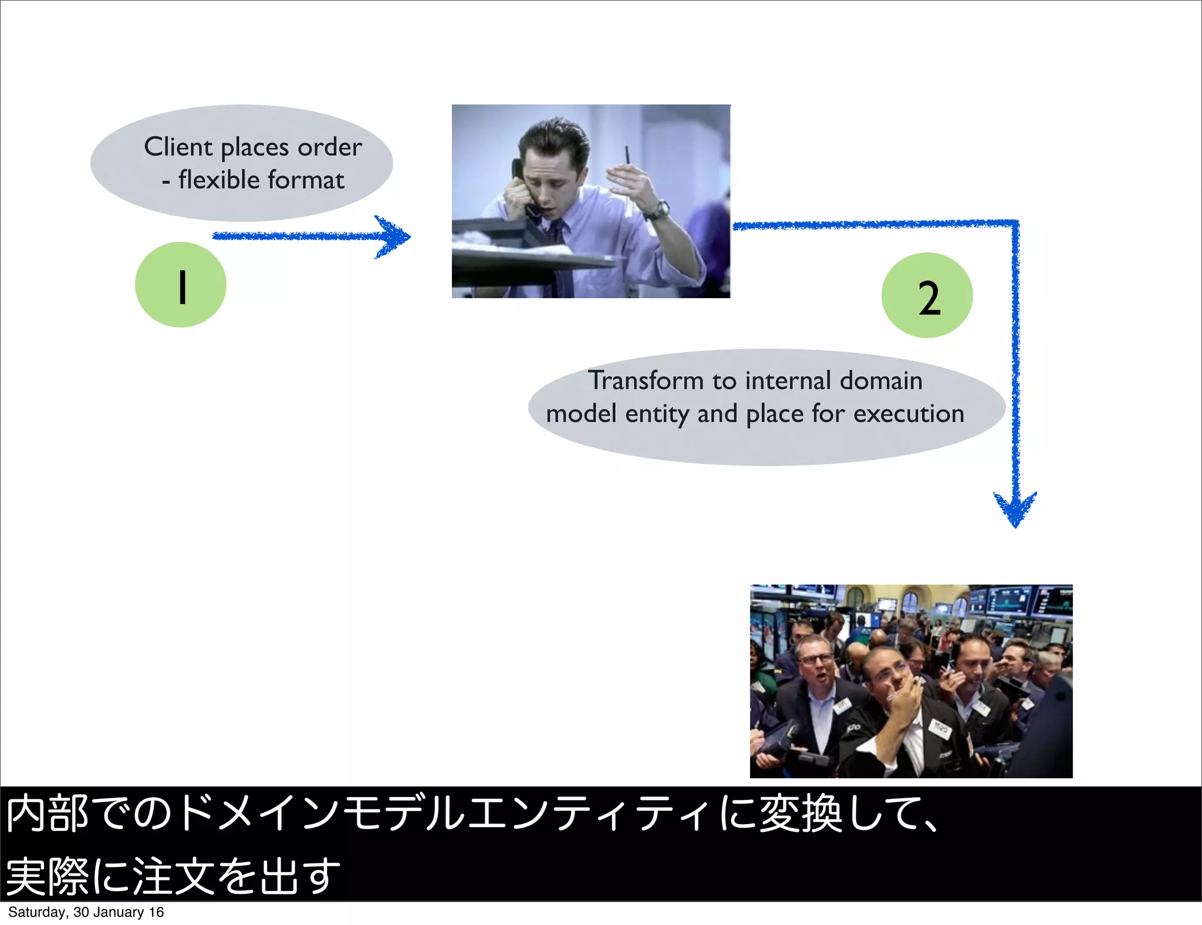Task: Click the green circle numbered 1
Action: pos(181,285)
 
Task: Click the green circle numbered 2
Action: pos(927,296)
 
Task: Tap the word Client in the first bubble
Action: pos(178,147)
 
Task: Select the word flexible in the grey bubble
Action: pos(219,180)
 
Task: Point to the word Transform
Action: pos(646,380)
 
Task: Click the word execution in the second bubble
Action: pos(909,414)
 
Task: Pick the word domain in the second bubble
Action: pos(881,380)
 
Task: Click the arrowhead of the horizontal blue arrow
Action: pos(394,237)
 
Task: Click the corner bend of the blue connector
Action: pos(1015,224)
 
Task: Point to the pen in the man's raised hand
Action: pos(627,156)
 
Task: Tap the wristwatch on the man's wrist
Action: pos(661,209)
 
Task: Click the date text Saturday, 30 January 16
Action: pos(86,912)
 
